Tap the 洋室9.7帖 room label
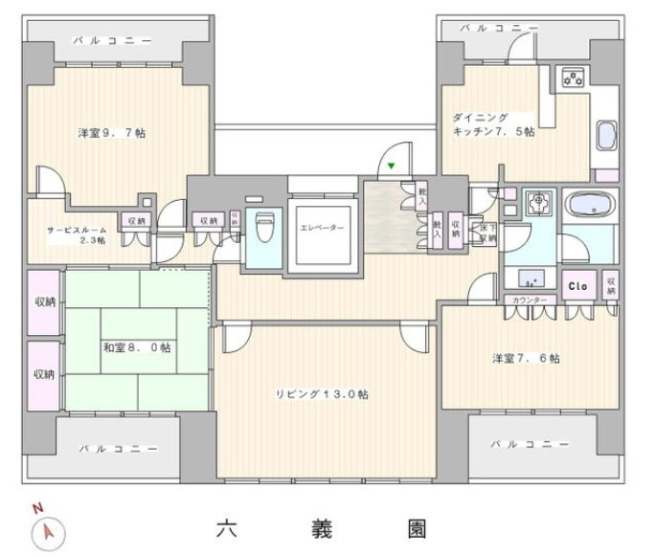pos(104,132)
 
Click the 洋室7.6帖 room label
pos(526,358)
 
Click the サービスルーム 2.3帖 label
pos(77,234)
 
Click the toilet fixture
pos(264,230)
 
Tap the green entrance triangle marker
pos(390,166)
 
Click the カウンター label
pos(530,301)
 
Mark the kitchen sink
pos(607,137)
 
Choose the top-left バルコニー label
pos(112,41)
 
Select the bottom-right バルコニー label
pos(527,444)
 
